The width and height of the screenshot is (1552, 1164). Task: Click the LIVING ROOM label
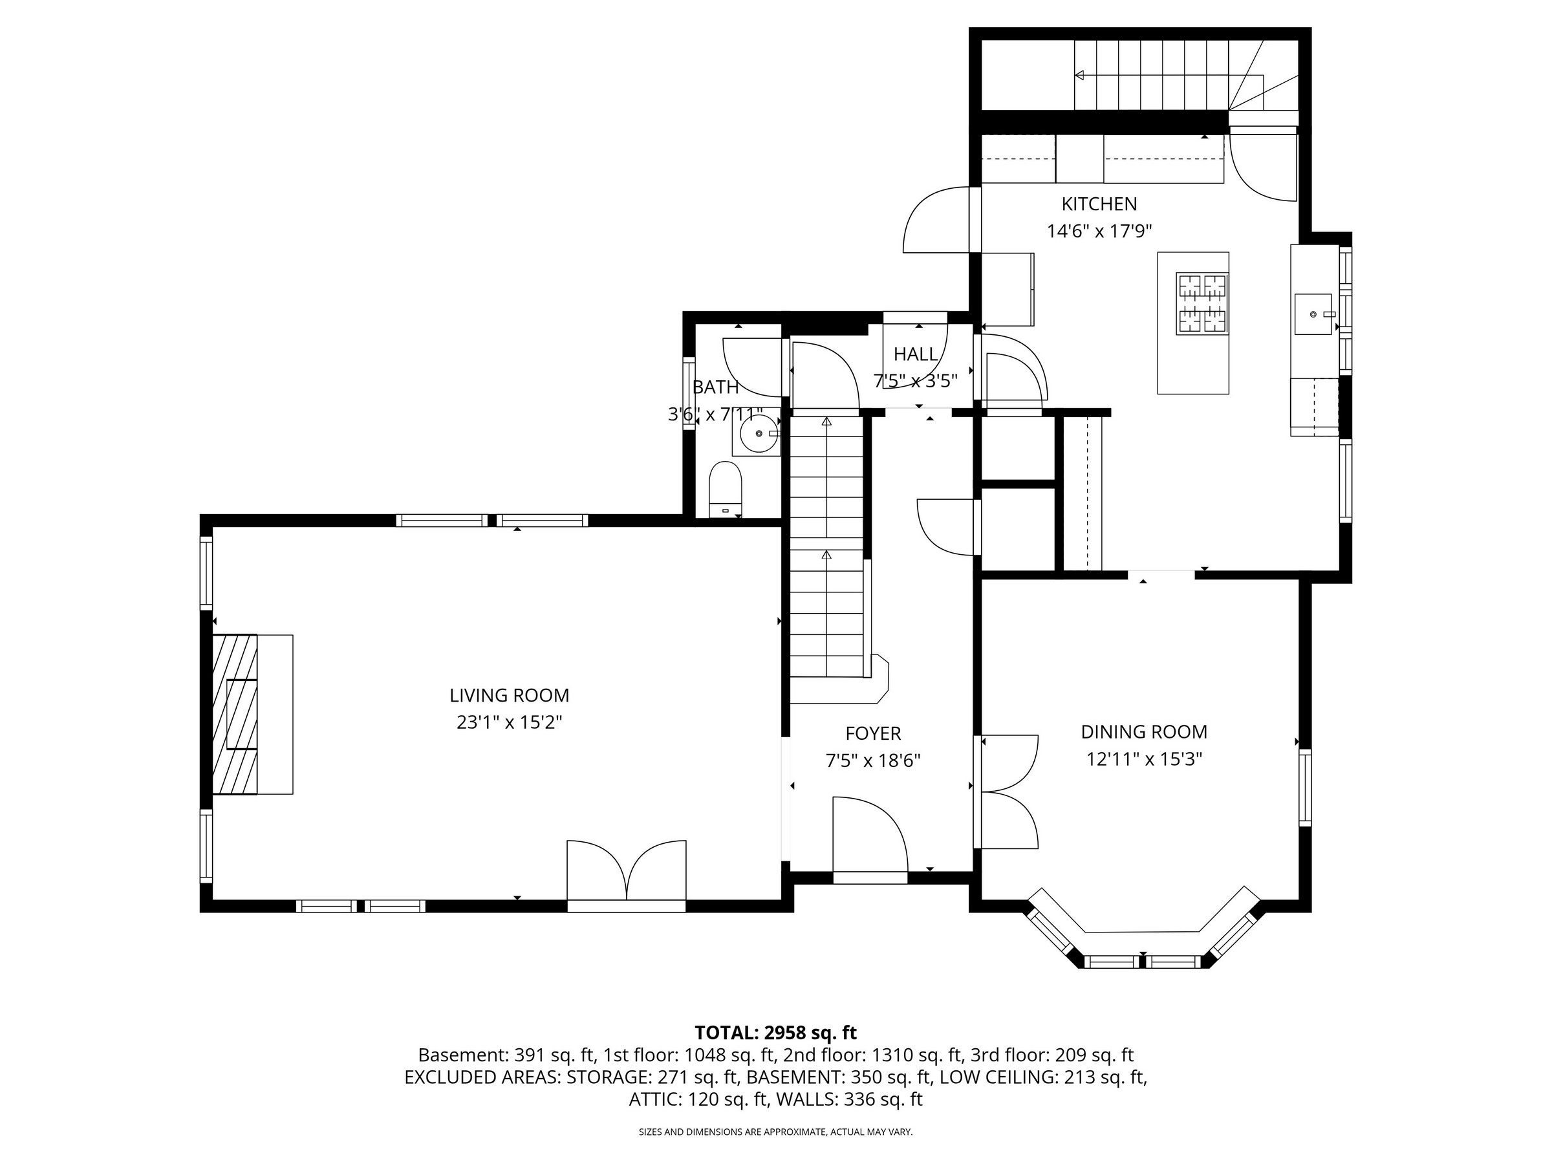[510, 695]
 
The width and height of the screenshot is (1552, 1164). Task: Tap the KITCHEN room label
[1099, 204]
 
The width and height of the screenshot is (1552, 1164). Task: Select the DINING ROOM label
[1144, 732]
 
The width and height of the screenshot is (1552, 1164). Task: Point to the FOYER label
[873, 733]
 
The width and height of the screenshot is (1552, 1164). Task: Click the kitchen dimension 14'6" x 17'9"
[1099, 231]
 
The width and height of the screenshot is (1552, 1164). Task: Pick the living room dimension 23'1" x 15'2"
[510, 722]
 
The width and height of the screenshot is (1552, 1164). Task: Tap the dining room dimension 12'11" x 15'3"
[1144, 759]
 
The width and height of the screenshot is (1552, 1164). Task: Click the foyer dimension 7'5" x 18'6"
[873, 760]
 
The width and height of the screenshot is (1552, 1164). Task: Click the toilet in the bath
[726, 489]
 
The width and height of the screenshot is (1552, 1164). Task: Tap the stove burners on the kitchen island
[1203, 303]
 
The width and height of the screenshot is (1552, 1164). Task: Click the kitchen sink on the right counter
[1313, 314]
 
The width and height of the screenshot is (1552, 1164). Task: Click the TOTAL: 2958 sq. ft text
[775, 1033]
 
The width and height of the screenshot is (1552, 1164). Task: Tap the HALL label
[916, 354]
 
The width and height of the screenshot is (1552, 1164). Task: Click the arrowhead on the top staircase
[1079, 75]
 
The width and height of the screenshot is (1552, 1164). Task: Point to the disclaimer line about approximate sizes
[775, 1132]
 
